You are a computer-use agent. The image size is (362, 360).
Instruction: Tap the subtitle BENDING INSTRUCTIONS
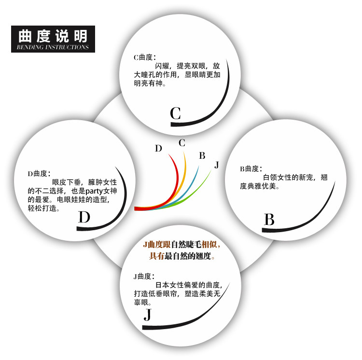point(53,47)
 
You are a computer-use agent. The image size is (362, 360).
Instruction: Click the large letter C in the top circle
point(176,113)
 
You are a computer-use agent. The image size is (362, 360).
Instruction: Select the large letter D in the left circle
point(84,218)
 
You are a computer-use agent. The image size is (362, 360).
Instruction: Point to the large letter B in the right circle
point(269,220)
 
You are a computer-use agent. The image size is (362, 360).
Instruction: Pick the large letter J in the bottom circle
point(148,315)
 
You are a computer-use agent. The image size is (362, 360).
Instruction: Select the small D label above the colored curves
point(158,148)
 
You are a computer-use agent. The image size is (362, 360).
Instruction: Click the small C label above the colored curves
point(182,143)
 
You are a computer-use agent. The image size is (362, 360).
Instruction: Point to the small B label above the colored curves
point(202,155)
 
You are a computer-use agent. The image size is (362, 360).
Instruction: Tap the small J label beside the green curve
point(217,165)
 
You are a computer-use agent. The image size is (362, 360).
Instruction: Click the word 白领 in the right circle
point(270,178)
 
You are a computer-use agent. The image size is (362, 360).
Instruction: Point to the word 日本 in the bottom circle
point(163,285)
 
